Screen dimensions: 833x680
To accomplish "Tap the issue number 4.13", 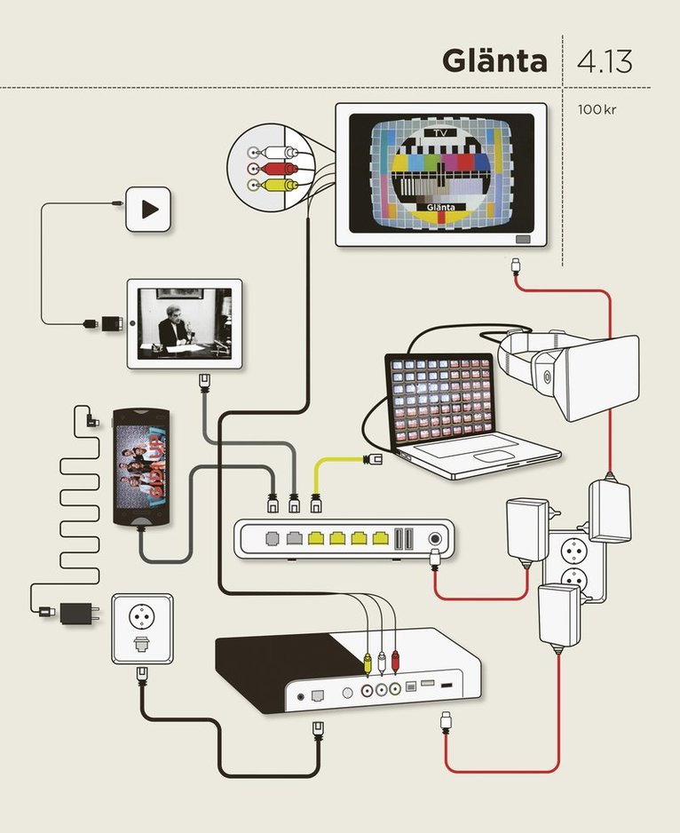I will click(605, 63).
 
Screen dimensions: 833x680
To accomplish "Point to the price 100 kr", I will click(596, 111).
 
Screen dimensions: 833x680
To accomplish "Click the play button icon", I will click(148, 210).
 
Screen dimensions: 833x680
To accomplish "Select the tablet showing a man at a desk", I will click(185, 323).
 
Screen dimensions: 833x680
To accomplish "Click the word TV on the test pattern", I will click(440, 132).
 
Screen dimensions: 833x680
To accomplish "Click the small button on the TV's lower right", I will click(522, 238).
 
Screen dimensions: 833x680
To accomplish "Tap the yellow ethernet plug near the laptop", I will click(374, 459).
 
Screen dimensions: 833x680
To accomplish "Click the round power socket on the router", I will click(436, 537).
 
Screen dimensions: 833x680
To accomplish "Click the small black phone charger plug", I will click(78, 612).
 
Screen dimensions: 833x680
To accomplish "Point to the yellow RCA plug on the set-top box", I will click(366, 661).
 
